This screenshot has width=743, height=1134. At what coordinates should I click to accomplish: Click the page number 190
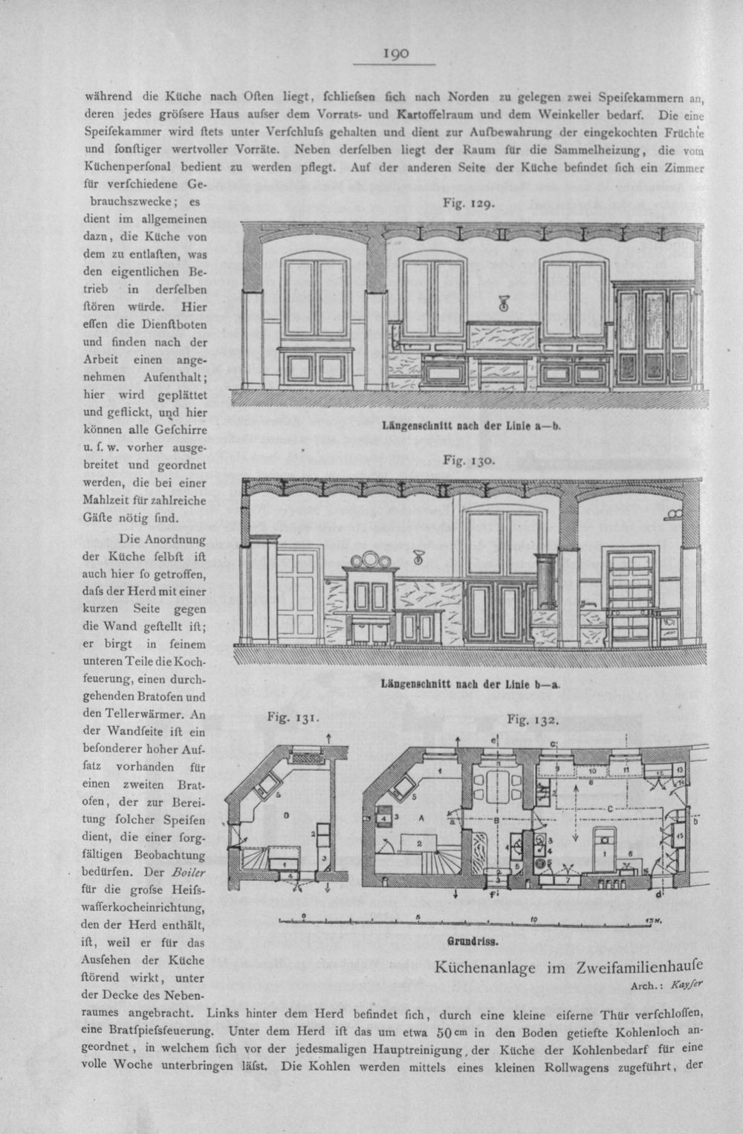(x=396, y=54)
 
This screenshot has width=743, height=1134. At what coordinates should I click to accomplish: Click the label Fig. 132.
(x=533, y=719)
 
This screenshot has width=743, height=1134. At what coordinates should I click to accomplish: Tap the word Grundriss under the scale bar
(x=473, y=942)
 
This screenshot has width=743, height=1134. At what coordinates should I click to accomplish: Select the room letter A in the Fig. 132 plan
(x=421, y=817)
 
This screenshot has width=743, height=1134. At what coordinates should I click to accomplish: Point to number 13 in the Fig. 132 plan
(x=679, y=769)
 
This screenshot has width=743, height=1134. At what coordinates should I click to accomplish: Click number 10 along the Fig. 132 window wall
(x=593, y=771)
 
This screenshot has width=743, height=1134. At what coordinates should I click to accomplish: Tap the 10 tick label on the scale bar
(x=534, y=920)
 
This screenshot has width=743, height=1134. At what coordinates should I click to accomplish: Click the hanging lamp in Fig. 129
(x=503, y=303)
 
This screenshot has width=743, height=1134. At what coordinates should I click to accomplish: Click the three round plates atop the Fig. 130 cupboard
(x=371, y=560)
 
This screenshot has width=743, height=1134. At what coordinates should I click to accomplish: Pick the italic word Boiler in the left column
(x=189, y=872)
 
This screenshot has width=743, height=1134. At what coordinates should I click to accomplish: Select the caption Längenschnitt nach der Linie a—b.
(x=472, y=427)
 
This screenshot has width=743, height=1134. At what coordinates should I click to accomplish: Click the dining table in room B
(x=497, y=785)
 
